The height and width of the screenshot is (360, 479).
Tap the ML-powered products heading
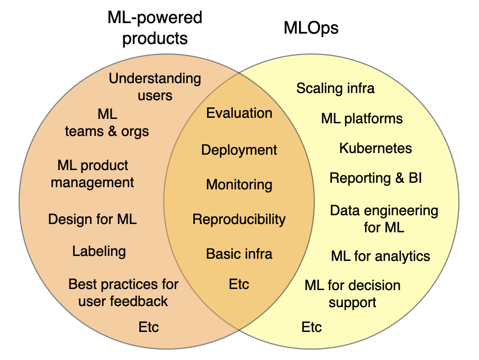[x=155, y=28]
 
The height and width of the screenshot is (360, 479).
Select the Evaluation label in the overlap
[x=239, y=113]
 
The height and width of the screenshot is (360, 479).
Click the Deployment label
[x=239, y=150]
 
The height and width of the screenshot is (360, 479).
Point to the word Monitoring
[x=239, y=184]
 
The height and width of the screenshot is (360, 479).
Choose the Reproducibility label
[x=239, y=219]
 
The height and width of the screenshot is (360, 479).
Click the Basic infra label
[x=239, y=254]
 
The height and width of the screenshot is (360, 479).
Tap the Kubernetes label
[x=375, y=148]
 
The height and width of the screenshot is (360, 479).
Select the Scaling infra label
[x=335, y=88]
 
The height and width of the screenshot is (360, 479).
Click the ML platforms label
[x=362, y=118]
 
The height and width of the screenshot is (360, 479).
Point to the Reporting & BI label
[x=375, y=178]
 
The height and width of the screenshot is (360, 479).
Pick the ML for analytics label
[x=380, y=256]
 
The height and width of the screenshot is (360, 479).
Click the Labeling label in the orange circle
[x=99, y=252]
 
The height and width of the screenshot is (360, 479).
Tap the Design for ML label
[x=92, y=219]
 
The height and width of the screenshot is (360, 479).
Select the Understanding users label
[x=155, y=86]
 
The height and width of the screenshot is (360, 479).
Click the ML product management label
[x=92, y=173]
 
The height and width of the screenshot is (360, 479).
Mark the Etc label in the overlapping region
[x=239, y=284]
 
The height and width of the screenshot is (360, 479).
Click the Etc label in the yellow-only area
[x=312, y=328]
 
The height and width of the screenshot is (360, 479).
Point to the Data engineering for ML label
[x=384, y=219]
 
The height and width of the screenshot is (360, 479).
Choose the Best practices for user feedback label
[x=123, y=292]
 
